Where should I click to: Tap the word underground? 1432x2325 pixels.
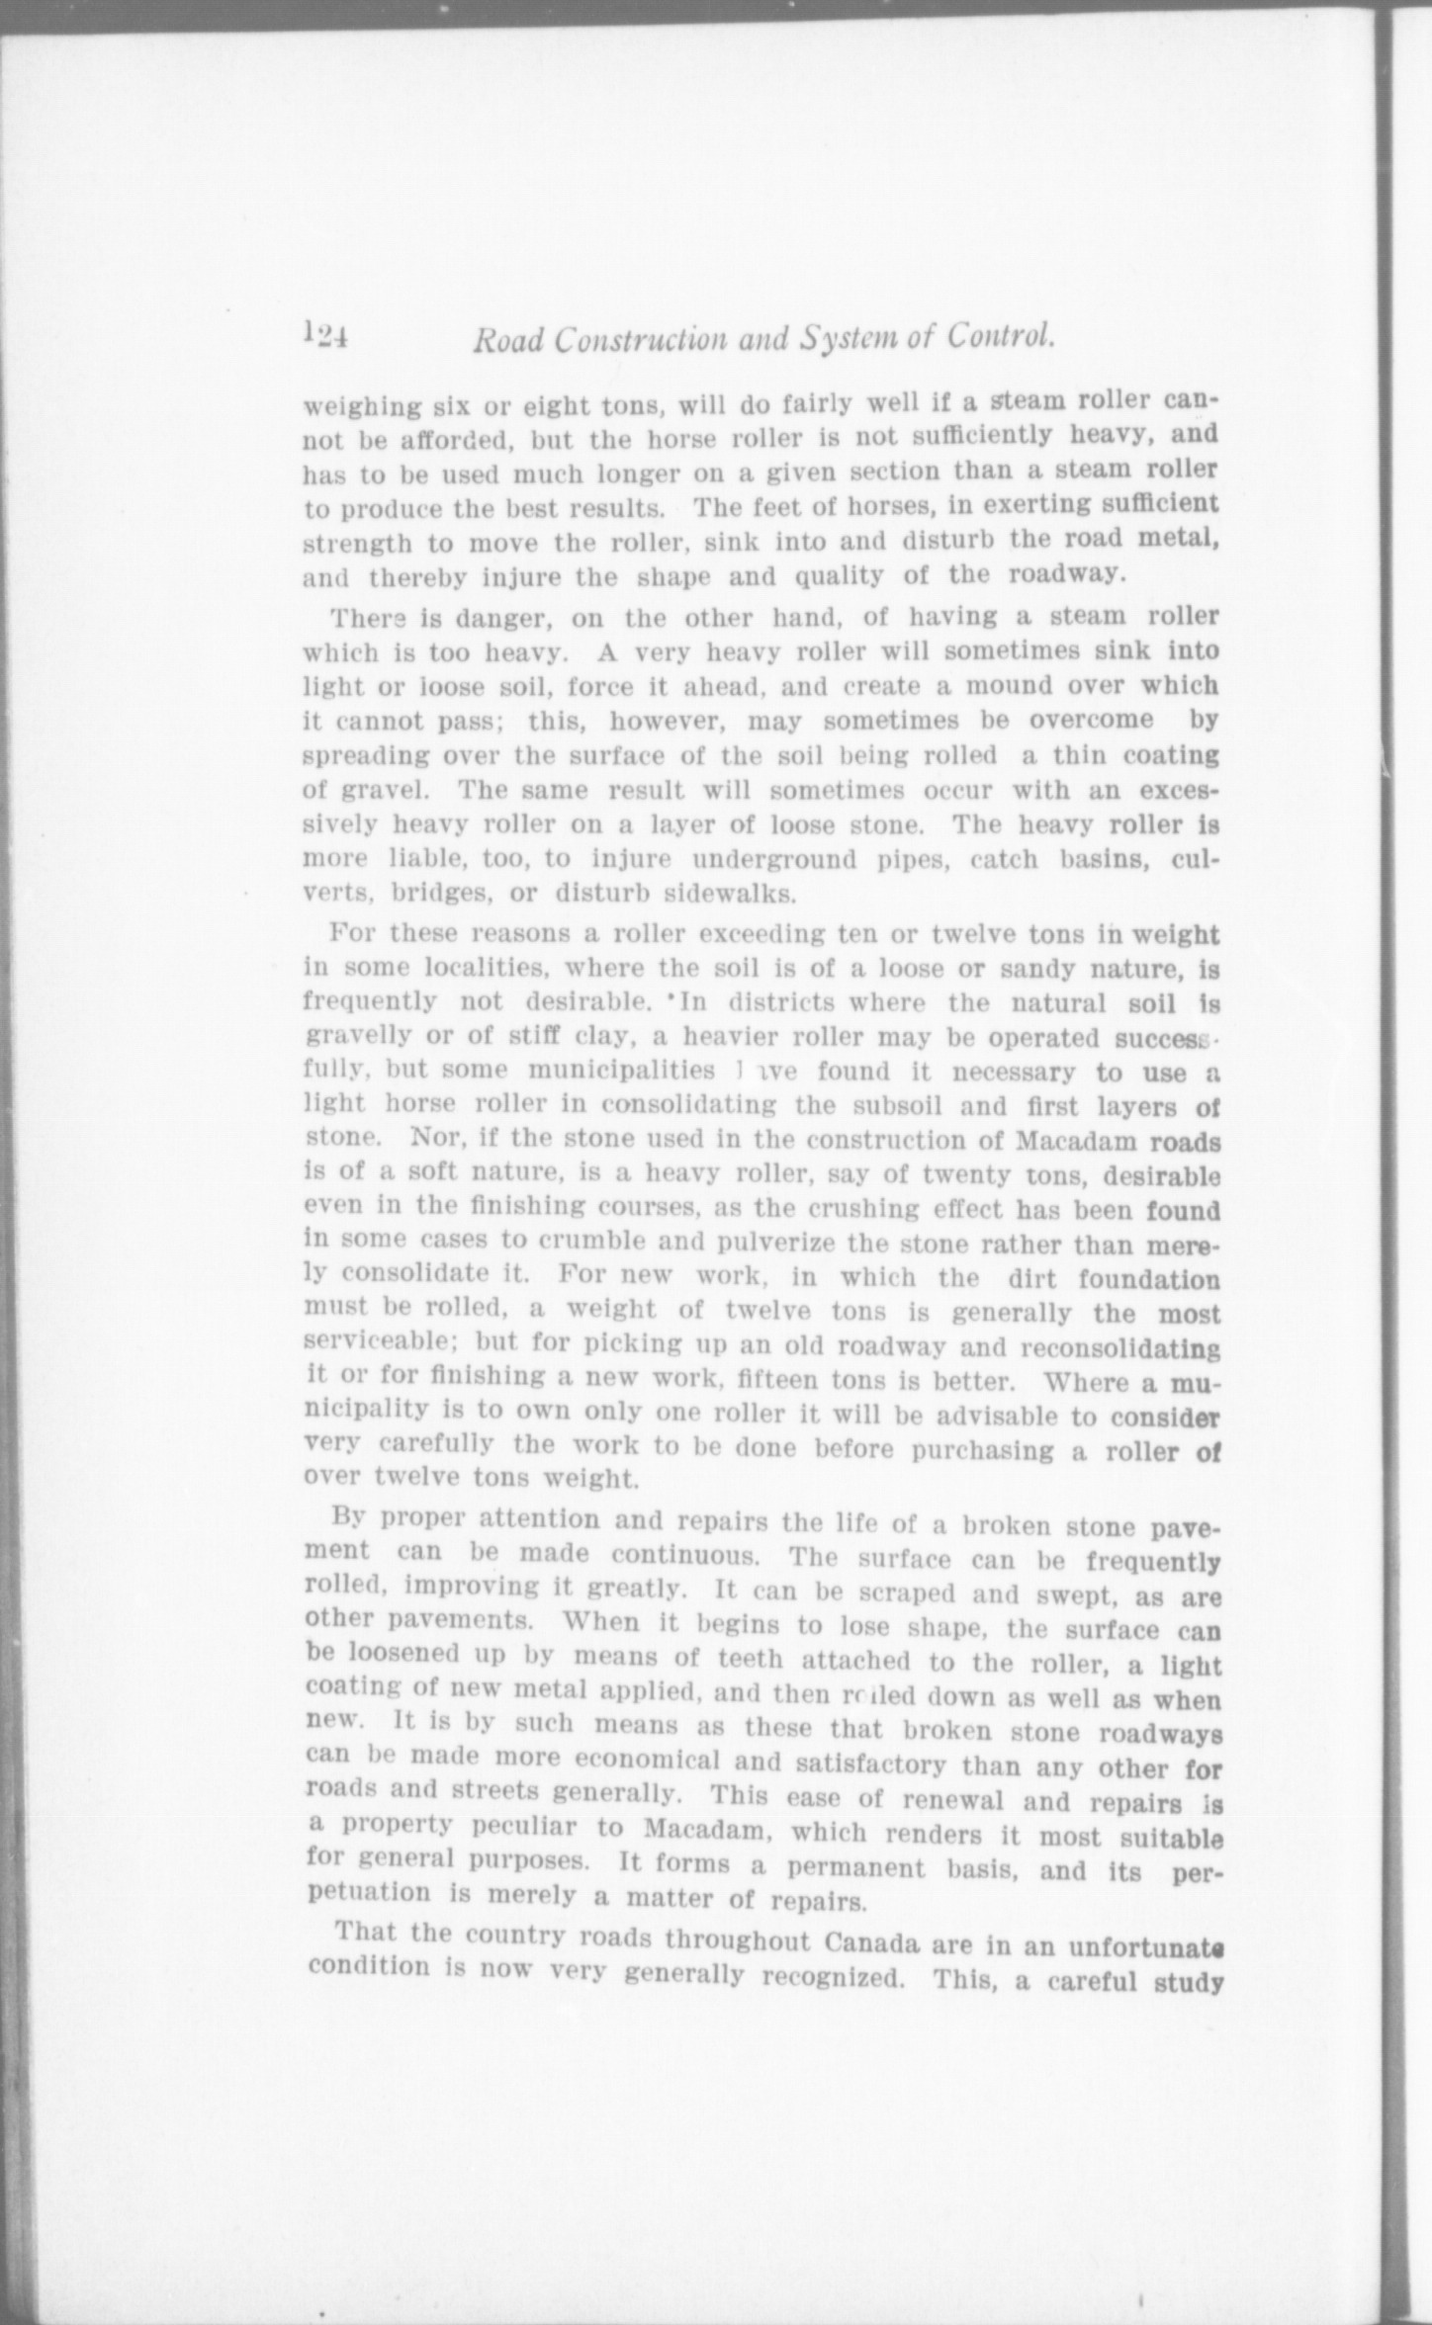[772, 858]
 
